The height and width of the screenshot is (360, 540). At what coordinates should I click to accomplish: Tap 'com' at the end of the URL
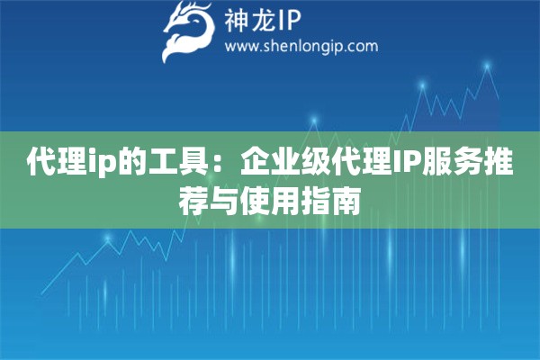coord(364,47)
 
